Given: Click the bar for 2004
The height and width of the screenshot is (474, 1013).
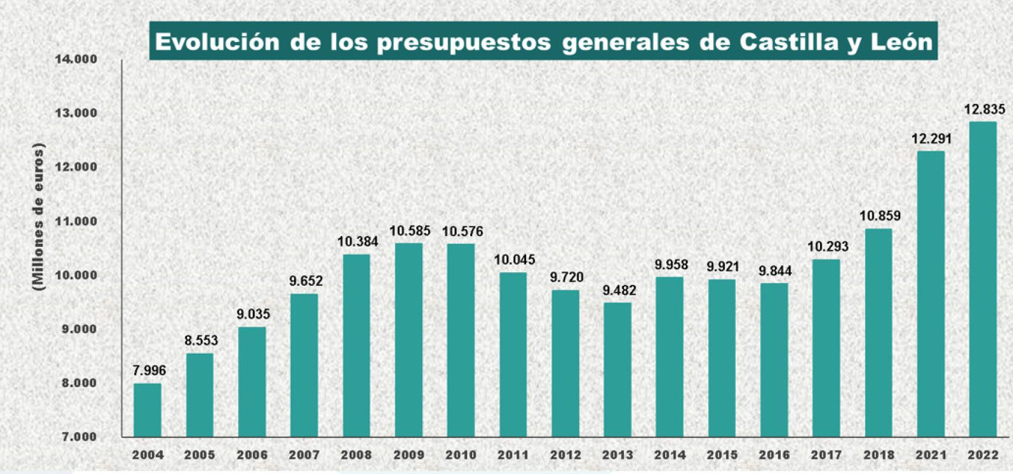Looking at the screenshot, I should click(147, 410).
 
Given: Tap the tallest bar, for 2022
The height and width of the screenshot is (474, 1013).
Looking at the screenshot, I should click(983, 279).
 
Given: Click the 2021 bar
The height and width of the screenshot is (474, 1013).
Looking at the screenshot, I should click(930, 294).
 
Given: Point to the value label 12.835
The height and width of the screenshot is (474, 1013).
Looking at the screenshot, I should click(984, 109).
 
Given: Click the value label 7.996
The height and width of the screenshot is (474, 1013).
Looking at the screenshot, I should click(149, 371).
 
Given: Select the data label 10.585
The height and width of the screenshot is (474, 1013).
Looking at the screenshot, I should click(410, 231).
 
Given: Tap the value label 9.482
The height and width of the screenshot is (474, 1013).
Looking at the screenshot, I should click(619, 290).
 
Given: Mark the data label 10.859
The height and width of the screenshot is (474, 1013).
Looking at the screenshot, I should click(879, 216).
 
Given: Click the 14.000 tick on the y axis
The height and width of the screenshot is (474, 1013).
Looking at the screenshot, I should click(76, 59).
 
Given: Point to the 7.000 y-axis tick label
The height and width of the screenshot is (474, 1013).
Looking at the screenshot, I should click(79, 437).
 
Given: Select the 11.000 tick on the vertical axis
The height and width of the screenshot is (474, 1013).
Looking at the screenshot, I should click(76, 221).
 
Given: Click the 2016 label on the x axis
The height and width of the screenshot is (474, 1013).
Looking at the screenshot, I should click(774, 455).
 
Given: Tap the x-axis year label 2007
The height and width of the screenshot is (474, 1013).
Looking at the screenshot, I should click(304, 455).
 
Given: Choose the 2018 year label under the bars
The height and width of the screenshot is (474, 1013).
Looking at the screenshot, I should click(879, 455).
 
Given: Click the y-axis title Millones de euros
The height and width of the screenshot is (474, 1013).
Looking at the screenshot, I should click(39, 217).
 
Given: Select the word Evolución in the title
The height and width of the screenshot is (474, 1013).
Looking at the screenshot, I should click(217, 42).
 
